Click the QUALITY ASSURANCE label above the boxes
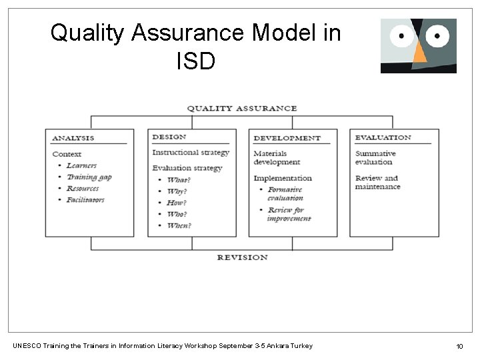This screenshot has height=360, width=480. pyautogui.click(x=241, y=108)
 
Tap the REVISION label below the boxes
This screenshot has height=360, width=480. pyautogui.click(x=241, y=257)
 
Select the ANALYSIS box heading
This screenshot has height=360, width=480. pyautogui.click(x=73, y=138)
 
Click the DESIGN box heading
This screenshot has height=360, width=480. pyautogui.click(x=169, y=137)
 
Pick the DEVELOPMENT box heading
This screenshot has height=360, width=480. pyautogui.click(x=287, y=138)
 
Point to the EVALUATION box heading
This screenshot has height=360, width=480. pyautogui.click(x=383, y=137)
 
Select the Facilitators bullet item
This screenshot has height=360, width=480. pyautogui.click(x=85, y=199)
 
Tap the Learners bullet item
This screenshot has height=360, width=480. pyautogui.click(x=81, y=165)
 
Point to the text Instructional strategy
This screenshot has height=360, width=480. pyautogui.click(x=191, y=152)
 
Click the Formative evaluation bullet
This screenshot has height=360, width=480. pyautogui.click(x=285, y=193)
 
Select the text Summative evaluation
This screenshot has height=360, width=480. pyautogui.click(x=375, y=157)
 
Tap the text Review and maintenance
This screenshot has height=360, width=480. pyautogui.click(x=377, y=182)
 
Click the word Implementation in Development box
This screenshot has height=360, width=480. pyautogui.click(x=283, y=178)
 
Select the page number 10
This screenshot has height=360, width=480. pyautogui.click(x=459, y=345)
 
